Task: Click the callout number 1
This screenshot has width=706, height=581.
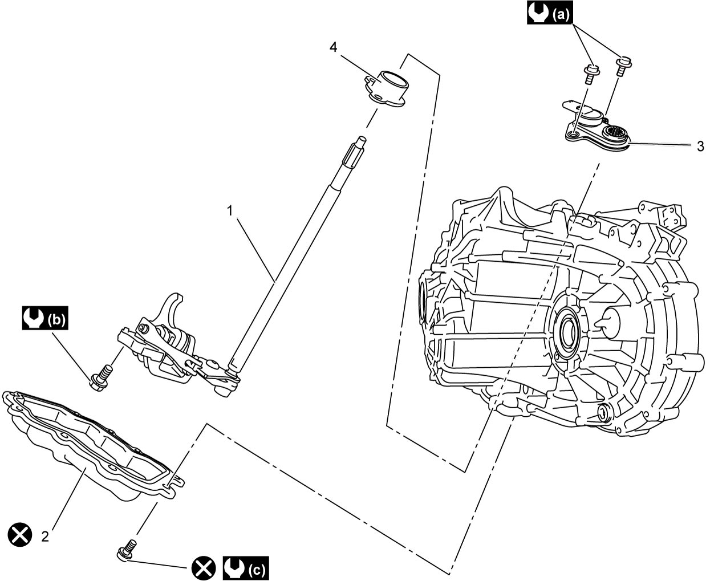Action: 230,211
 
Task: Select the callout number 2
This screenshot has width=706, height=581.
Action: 45,537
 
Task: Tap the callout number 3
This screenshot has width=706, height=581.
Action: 700,147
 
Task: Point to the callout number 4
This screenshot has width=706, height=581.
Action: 333,47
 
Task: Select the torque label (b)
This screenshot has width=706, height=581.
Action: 45,318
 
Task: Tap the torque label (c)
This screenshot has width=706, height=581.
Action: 246,568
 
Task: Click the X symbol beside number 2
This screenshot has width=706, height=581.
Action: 20,535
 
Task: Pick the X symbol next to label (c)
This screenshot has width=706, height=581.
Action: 204,568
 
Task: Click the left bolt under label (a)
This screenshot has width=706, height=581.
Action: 591,75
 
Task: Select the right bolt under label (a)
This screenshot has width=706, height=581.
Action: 623,66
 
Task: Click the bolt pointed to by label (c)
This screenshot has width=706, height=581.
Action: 127,550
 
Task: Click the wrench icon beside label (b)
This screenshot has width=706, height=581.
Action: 34,318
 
